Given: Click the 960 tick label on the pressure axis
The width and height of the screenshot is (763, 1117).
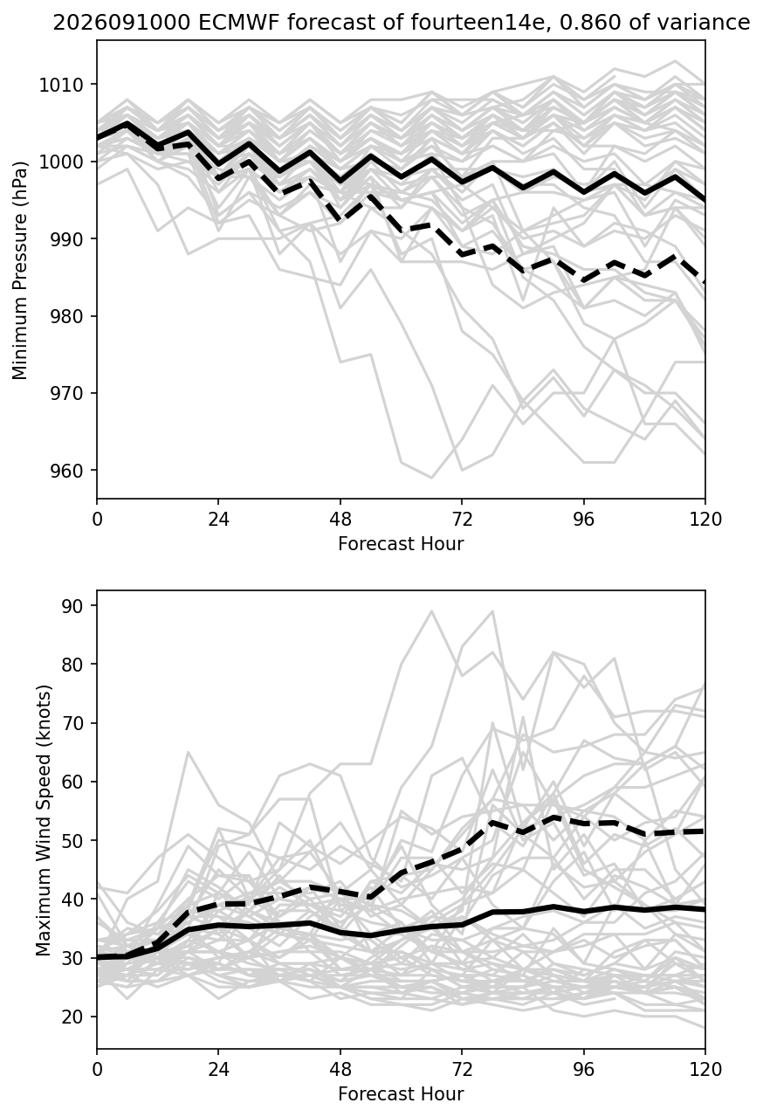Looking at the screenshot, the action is coord(66,470).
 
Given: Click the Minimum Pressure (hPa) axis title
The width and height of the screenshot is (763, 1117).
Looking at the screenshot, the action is coord(20,270).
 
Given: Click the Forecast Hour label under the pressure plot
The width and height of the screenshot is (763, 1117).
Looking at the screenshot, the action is coord(401,543).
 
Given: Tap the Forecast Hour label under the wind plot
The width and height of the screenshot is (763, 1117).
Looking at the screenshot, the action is coord(401,1094).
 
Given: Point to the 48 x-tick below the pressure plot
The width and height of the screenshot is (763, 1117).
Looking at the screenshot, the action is coord(340,520).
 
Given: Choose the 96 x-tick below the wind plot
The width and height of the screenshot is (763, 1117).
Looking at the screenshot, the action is coord(583,1070).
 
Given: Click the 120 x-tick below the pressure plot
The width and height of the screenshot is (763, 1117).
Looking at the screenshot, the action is coord(705,520).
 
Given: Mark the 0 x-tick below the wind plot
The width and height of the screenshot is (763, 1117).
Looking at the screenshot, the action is coord(97,1070).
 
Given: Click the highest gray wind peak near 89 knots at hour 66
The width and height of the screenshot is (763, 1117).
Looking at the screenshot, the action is coord(431,610).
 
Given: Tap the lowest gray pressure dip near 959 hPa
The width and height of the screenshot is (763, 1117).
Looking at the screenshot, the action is coord(431,478).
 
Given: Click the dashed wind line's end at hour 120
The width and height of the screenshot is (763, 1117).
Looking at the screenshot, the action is coord(705,831).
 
